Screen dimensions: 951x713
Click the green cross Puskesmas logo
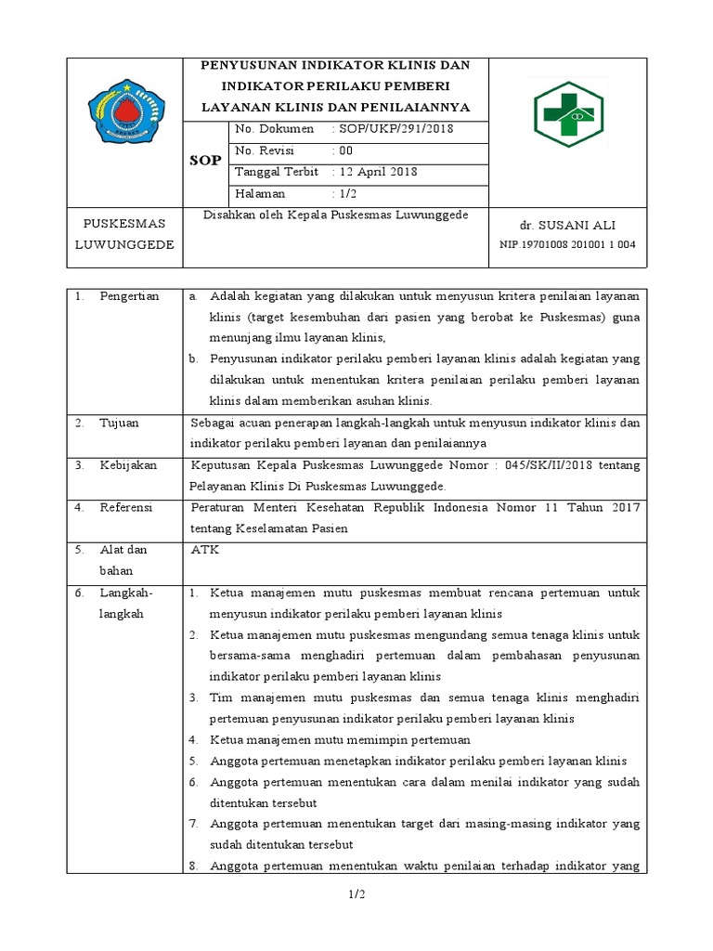click(567, 114)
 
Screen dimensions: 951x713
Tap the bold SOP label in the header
click(205, 160)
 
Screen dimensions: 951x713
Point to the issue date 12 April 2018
click(377, 173)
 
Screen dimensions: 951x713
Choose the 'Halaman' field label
click(261, 194)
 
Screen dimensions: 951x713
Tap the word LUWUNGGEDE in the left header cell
click(123, 243)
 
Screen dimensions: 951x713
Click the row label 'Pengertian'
click(129, 296)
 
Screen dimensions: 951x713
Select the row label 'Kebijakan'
click(128, 465)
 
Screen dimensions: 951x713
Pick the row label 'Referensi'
click(127, 508)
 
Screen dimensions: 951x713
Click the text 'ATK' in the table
click(203, 550)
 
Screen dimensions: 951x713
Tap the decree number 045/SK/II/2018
click(535, 465)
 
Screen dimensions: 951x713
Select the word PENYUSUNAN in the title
click(257, 65)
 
